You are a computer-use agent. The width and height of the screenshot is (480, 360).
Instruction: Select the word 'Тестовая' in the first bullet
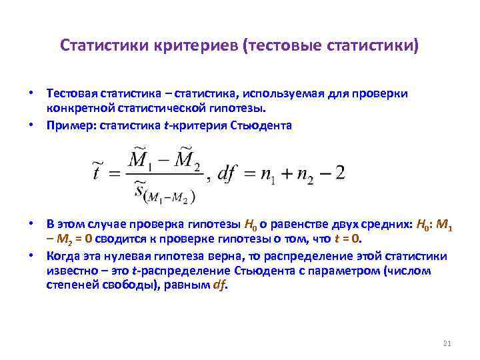[x=71, y=94]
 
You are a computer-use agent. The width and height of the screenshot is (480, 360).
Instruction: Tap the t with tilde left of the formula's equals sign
[x=98, y=173]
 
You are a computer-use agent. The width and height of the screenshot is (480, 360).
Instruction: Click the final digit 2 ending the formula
[x=340, y=173]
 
